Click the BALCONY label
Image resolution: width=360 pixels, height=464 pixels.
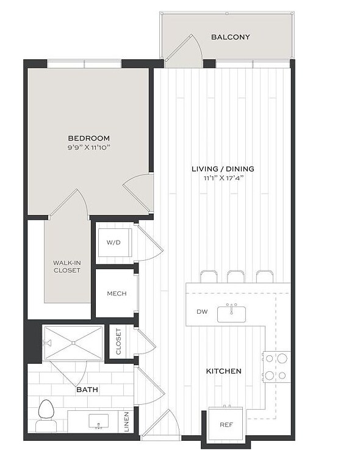231,37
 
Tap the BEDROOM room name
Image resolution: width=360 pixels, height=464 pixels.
88,138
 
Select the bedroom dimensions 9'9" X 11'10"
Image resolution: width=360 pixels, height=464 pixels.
88,147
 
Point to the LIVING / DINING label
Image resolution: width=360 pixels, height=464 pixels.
223,169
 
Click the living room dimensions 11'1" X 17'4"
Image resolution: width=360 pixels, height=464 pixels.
223,178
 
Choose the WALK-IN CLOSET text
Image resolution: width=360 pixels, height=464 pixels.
67,266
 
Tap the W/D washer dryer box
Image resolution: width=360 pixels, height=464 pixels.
114,242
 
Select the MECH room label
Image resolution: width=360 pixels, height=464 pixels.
117,294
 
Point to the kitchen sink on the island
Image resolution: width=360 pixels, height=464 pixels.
231,313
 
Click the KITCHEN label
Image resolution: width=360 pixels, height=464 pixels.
223,371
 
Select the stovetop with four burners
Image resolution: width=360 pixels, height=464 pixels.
276,367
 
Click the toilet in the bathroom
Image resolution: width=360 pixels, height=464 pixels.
46,416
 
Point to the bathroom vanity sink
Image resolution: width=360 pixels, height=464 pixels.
97,422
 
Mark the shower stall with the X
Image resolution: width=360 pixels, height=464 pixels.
73,344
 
